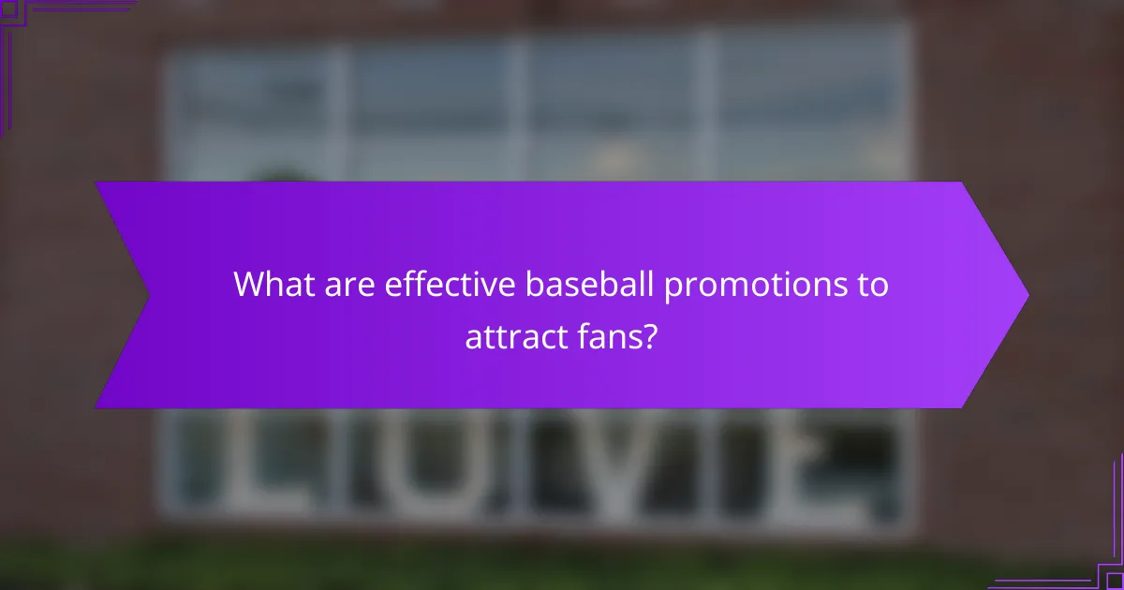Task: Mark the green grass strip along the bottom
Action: [562, 567]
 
